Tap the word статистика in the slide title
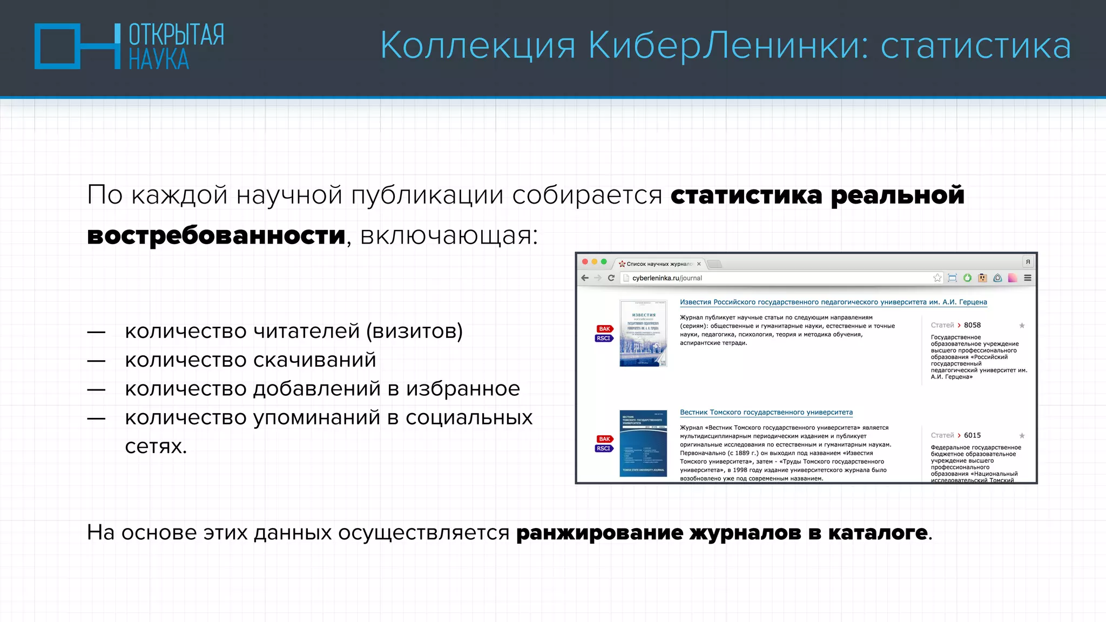tap(975, 46)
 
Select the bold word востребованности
tap(216, 235)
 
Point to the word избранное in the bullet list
tap(463, 389)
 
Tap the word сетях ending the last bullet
tap(156, 447)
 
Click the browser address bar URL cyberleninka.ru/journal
tap(667, 278)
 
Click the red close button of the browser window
tap(585, 262)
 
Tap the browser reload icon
tap(611, 278)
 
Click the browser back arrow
tap(585, 278)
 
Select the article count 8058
tap(972, 325)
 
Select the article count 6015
tap(972, 435)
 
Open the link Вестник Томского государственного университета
tap(766, 413)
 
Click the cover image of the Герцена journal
tap(643, 333)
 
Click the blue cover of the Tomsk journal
tap(643, 443)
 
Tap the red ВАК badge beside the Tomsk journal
tap(604, 439)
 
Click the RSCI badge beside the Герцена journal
tap(604, 339)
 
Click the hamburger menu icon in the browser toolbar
tap(1028, 278)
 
